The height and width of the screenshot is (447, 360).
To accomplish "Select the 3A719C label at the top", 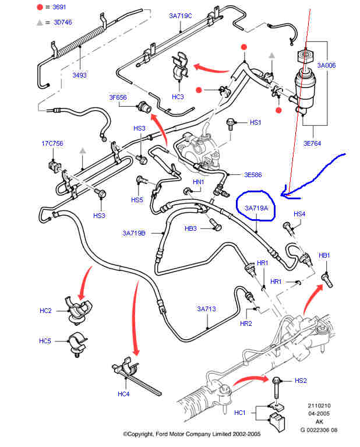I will point(181,16).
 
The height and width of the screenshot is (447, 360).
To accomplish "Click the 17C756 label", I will point(51,143).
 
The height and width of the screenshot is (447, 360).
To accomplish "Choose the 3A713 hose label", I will point(206,309).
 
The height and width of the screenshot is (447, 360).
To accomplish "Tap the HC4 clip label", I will point(123,394).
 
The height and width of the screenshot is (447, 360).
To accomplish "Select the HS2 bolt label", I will point(301,381).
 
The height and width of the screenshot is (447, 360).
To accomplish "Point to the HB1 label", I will point(324,255).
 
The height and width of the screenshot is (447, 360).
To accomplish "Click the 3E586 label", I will point(253,174).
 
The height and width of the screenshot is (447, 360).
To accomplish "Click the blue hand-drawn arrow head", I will point(284,189).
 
